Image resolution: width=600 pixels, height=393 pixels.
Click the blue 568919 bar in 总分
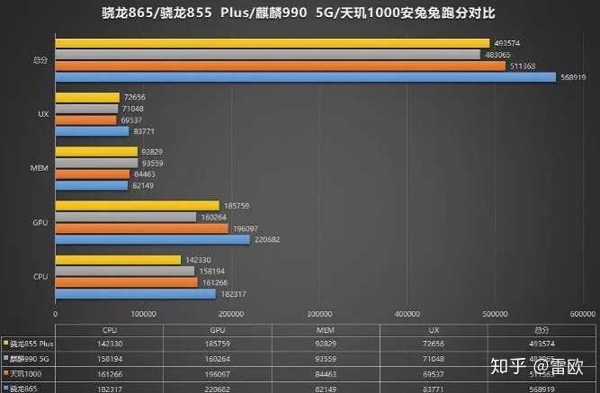[306, 77]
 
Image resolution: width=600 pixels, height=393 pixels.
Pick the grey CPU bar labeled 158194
[125, 271]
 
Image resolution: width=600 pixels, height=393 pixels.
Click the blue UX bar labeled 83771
[93, 131]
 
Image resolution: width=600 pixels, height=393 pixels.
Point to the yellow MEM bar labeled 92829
[96, 152]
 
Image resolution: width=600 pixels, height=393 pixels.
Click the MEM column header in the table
[325, 329]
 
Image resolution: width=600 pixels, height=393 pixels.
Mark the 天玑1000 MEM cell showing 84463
[325, 372]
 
